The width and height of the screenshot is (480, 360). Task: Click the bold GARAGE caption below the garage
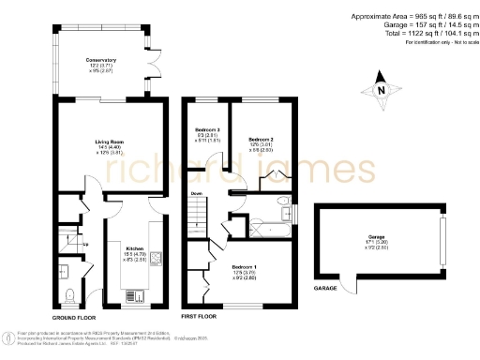(x=324, y=288)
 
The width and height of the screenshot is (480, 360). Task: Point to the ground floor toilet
(x=71, y=293)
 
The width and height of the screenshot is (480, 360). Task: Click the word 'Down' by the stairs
(x=197, y=194)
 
